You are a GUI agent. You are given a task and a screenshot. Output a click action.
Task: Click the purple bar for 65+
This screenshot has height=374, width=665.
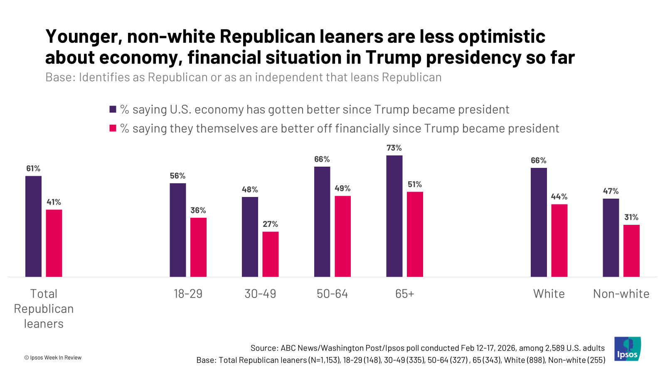[x=394, y=216]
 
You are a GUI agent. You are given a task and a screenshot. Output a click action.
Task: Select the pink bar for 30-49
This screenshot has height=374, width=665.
[x=271, y=254]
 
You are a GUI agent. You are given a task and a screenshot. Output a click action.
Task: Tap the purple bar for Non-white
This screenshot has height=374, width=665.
[x=611, y=238]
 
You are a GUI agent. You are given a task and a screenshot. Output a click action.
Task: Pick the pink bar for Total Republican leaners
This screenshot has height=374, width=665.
[x=54, y=243]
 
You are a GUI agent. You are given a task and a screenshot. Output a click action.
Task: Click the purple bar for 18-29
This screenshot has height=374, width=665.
[x=178, y=230]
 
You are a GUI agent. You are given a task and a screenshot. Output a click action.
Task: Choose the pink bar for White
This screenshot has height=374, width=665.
[x=559, y=240]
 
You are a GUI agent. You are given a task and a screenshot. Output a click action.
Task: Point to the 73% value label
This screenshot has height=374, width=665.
[x=394, y=148]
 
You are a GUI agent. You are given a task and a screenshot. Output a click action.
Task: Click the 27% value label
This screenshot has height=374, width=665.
[x=270, y=224]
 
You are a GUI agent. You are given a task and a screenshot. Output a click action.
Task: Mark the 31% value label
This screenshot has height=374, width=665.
[x=631, y=217]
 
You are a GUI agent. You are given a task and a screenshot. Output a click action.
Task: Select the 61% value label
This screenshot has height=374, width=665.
[x=33, y=168]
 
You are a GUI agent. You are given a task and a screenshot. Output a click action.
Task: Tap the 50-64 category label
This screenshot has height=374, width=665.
[x=332, y=294]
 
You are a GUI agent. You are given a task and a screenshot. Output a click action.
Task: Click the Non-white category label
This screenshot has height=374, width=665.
[x=621, y=294]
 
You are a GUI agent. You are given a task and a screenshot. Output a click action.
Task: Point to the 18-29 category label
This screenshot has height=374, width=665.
[x=188, y=294]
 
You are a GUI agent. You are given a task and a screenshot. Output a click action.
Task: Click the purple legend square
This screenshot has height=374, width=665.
[x=113, y=109]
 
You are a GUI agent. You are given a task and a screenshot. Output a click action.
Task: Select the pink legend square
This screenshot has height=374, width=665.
[x=113, y=128]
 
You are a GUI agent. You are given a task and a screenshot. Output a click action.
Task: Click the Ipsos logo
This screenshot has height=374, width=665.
[x=627, y=349]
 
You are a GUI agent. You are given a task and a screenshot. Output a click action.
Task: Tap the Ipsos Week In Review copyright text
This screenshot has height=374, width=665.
[x=53, y=357]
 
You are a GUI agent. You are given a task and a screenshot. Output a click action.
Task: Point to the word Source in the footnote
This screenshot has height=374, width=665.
[x=264, y=348]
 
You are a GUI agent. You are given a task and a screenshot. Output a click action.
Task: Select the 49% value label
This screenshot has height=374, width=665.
[x=342, y=188]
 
